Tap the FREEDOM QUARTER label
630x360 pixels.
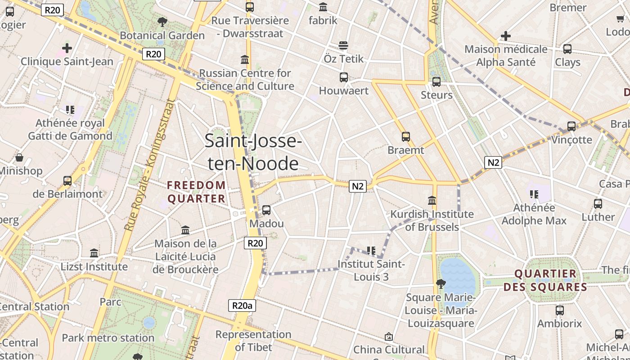pos(196,192)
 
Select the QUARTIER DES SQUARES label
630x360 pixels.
pos(545,280)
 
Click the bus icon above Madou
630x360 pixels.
pos(266,210)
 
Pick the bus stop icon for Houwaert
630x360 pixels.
pos(344,77)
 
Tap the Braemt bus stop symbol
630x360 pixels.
pos(406,137)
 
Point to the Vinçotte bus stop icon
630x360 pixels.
pos(571,126)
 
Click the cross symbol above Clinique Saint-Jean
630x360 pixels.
pos(67,48)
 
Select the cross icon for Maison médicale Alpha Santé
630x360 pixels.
pos(506,36)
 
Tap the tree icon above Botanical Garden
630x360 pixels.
pos(162,22)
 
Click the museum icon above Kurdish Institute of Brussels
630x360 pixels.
pos(432,200)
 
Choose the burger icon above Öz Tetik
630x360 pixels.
pos(343,45)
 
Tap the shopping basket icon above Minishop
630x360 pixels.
pos(19,157)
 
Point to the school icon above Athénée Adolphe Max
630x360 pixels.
pos(534,194)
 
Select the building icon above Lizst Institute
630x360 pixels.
pos(94,253)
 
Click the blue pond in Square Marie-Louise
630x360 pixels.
pos(457,275)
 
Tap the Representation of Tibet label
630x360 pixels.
pos(253,341)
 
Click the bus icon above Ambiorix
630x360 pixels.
pos(560,310)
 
